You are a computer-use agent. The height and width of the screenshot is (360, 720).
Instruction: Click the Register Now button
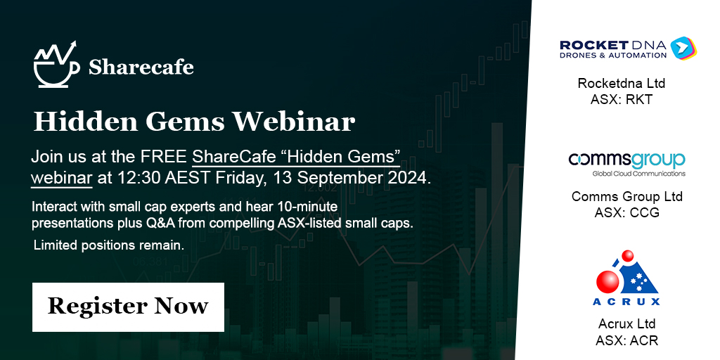[128, 307]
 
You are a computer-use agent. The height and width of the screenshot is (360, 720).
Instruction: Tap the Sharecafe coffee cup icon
[55, 65]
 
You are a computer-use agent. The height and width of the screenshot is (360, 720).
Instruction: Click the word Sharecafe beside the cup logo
[141, 67]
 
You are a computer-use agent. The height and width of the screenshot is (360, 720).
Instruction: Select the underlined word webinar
[61, 178]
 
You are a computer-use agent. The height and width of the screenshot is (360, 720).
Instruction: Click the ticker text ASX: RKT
[622, 99]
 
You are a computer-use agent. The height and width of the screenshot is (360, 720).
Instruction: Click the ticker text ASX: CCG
[626, 212]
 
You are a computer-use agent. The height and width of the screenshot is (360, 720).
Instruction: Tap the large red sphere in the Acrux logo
[607, 281]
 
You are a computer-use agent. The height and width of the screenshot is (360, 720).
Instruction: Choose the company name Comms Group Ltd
[626, 196]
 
